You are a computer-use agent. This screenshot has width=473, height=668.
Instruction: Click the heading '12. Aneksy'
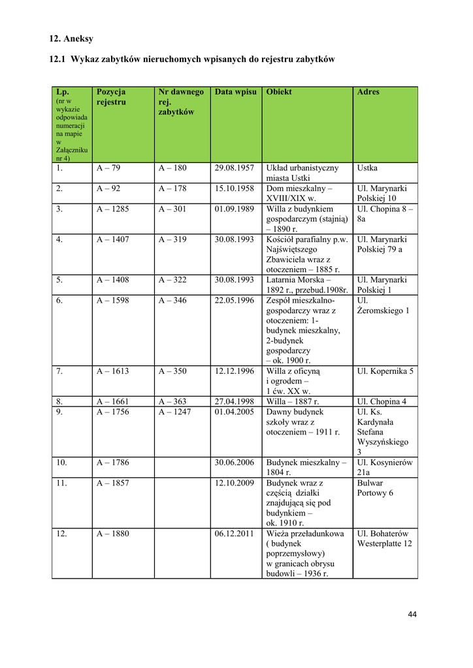(x=71, y=38)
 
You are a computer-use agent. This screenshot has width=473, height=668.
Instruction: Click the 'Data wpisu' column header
(x=235, y=92)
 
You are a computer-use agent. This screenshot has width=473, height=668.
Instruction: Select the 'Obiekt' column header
(x=279, y=92)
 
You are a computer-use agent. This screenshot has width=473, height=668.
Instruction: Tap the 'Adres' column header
(x=368, y=92)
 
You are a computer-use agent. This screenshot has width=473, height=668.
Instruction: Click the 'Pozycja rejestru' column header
(x=111, y=97)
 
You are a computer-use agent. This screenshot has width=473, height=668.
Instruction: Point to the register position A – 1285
(x=113, y=209)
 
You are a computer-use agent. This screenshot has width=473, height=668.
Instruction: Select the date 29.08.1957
(x=234, y=168)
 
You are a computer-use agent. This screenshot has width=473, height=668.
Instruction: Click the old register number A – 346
(x=172, y=300)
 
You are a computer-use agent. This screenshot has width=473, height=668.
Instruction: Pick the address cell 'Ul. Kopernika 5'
(x=385, y=371)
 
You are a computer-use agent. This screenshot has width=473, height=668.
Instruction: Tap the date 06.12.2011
(x=234, y=534)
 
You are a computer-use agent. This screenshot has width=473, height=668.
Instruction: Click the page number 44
(x=412, y=614)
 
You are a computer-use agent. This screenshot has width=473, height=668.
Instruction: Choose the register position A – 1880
(x=113, y=534)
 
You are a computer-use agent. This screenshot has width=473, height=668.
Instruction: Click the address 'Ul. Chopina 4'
(x=382, y=401)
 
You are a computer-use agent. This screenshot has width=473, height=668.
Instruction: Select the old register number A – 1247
(x=175, y=412)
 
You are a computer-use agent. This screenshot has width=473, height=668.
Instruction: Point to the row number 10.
(x=61, y=463)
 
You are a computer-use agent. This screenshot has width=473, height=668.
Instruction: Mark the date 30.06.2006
(x=234, y=463)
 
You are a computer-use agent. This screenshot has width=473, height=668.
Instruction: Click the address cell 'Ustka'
(x=367, y=168)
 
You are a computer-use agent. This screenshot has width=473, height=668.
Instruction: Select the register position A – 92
(x=108, y=189)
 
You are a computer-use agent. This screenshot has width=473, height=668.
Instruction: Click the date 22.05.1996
(x=234, y=300)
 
